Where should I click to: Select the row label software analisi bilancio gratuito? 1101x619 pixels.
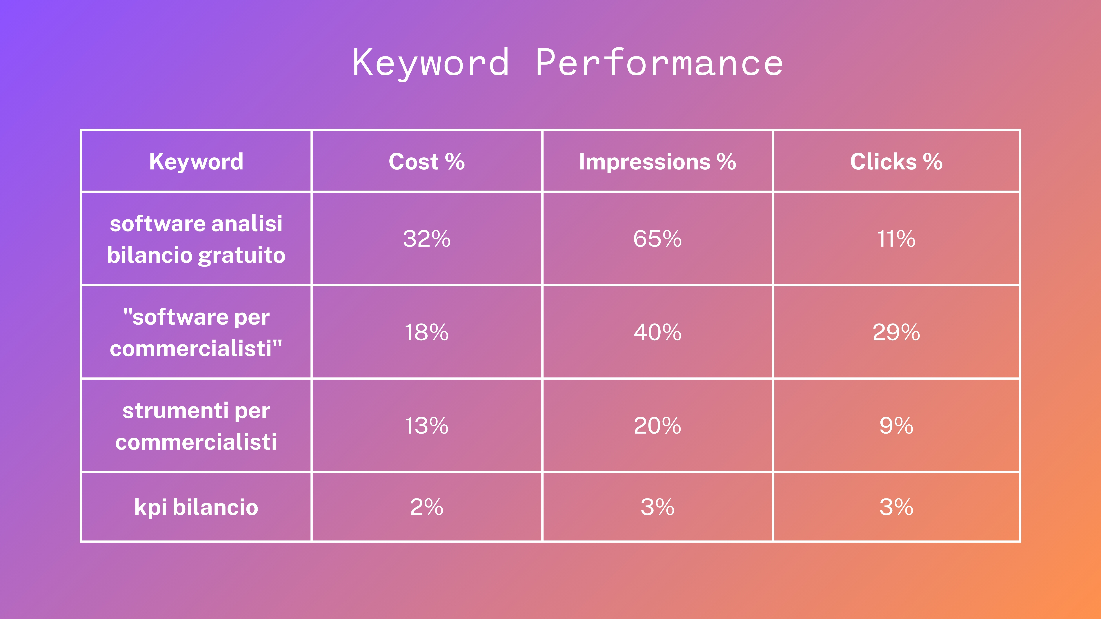click(196, 239)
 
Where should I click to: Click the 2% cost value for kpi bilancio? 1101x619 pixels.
click(427, 507)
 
